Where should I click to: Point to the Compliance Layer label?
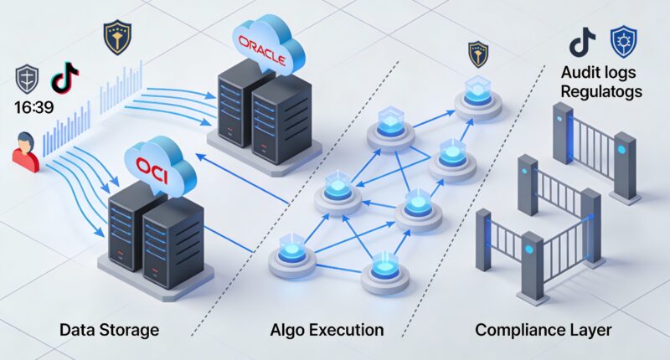(x=543, y=329)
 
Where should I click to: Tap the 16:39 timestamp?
(x=31, y=108)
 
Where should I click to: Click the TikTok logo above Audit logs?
(x=581, y=41)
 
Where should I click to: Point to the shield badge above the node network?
(x=478, y=54)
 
